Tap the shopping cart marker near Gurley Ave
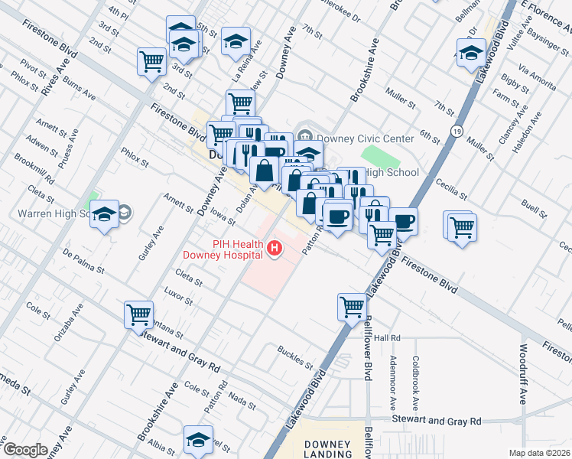(x=138, y=314)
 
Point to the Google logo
(x=25, y=450)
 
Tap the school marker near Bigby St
(x=471, y=54)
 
